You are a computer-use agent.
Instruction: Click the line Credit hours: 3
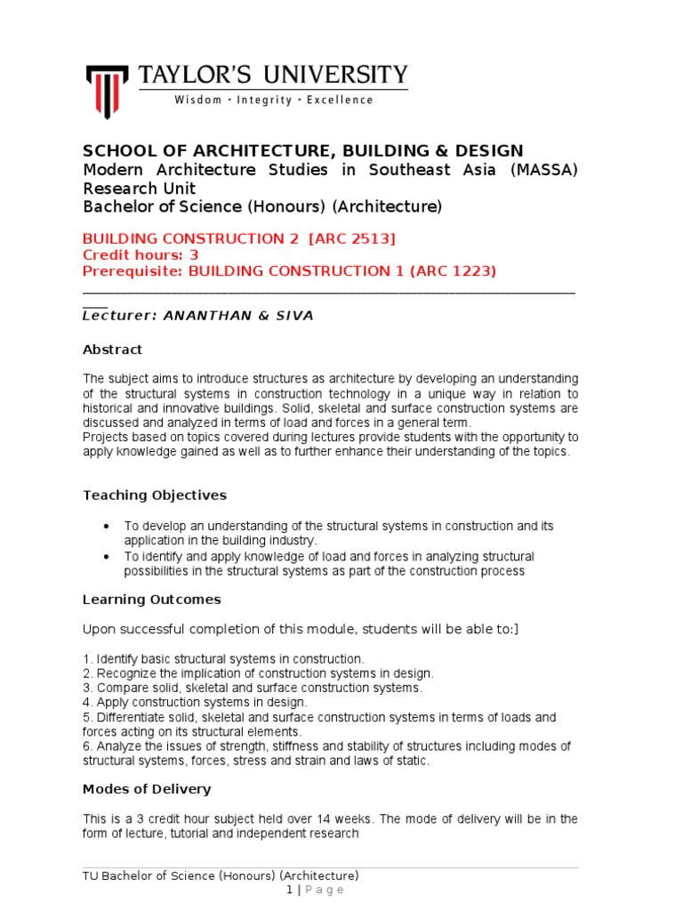pyautogui.click(x=141, y=254)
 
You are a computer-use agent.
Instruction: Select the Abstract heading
pyautogui.click(x=112, y=350)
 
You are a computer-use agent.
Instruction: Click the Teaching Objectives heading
pyautogui.click(x=155, y=495)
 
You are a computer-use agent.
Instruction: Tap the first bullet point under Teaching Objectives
pyautogui.click(x=107, y=526)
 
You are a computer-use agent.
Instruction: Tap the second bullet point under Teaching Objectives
pyautogui.click(x=107, y=556)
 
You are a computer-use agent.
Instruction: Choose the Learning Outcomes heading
pyautogui.click(x=151, y=600)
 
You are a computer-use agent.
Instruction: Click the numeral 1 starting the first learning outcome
pyautogui.click(x=85, y=659)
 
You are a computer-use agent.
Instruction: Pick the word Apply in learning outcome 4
pyautogui.click(x=111, y=702)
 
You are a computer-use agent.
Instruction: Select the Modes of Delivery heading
pyautogui.click(x=147, y=789)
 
